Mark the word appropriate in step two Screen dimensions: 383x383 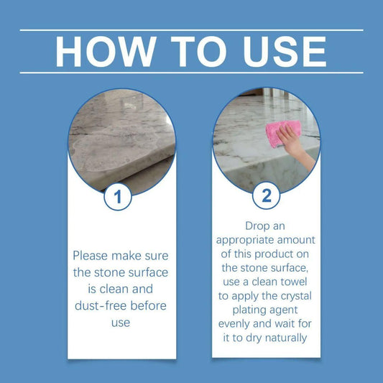coord(243,241)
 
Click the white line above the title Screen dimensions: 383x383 coord(191,30)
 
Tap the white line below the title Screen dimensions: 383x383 coord(191,73)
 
